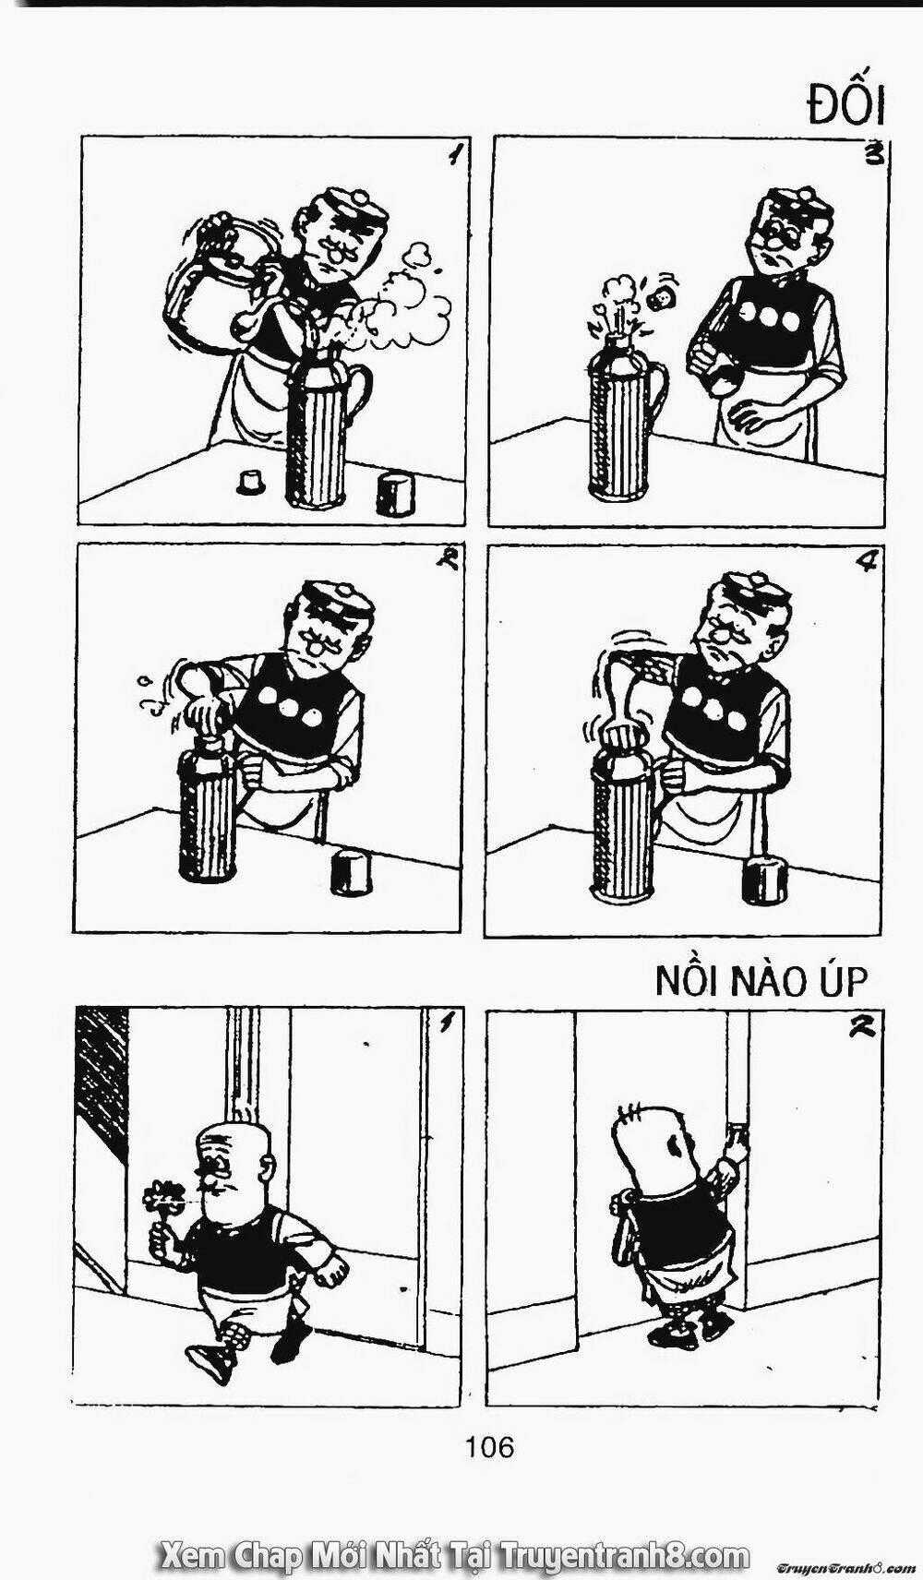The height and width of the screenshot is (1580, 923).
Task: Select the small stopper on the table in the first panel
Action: (x=250, y=483)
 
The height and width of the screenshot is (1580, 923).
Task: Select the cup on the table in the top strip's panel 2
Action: (x=349, y=872)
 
